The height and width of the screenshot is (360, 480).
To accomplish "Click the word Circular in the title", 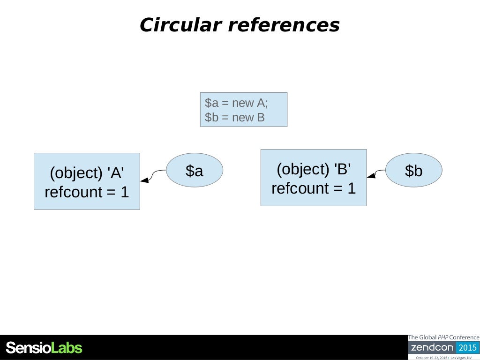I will [180, 25].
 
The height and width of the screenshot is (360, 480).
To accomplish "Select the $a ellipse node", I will [195, 171].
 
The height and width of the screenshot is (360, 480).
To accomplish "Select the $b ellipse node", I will [414, 171].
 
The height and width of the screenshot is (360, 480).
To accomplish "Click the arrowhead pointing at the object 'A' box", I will [144, 180].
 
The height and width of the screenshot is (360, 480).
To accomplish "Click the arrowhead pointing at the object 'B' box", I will [371, 176].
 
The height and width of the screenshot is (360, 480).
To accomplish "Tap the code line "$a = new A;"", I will [236, 103].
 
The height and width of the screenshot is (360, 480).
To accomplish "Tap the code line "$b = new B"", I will [235, 117].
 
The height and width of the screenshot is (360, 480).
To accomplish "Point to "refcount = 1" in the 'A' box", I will [87, 192].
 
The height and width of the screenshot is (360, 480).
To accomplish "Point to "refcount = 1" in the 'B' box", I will [314, 188].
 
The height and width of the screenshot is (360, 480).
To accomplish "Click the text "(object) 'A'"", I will [87, 173].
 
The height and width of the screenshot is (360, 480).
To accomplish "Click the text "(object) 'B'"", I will [314, 169].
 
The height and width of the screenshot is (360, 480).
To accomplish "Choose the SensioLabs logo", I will [44, 348].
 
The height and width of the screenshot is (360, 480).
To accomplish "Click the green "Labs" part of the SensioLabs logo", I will [66, 348].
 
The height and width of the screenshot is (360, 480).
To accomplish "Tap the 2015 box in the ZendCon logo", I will [467, 348].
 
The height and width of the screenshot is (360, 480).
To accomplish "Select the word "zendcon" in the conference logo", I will [432, 348].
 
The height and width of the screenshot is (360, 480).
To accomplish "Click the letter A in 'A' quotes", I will [115, 173].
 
